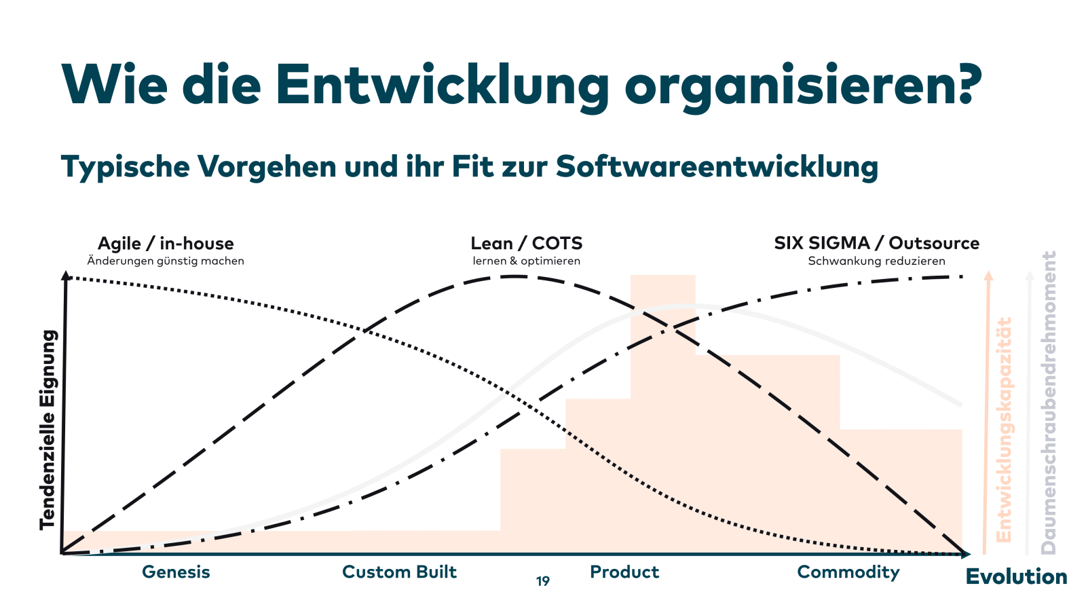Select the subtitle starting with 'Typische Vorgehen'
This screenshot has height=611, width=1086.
[x=469, y=167]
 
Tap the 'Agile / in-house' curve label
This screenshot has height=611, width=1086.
[x=166, y=243]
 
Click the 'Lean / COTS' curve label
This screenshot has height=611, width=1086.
[x=526, y=243]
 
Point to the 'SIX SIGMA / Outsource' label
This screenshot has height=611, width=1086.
[x=876, y=243]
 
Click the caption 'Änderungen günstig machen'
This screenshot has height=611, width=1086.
[x=166, y=261]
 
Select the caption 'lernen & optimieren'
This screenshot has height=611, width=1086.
[x=526, y=261]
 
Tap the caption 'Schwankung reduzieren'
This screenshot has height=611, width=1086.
[x=876, y=261]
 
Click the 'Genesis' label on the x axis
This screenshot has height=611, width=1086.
[x=176, y=572]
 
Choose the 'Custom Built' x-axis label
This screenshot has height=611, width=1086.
[x=399, y=572]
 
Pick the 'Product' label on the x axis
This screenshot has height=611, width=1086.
[x=624, y=572]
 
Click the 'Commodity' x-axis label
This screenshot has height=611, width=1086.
[x=848, y=572]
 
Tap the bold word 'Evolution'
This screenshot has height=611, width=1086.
[x=1016, y=577]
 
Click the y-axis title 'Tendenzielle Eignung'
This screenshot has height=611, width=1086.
[x=47, y=429]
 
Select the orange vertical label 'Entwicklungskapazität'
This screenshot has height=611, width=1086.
[x=1004, y=429]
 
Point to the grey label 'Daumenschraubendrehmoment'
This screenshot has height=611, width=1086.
[x=1049, y=402]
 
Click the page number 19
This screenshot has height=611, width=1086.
[x=543, y=581]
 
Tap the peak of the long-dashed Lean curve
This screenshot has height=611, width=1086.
[x=514, y=276]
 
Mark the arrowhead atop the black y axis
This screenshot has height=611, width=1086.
[x=66, y=275]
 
